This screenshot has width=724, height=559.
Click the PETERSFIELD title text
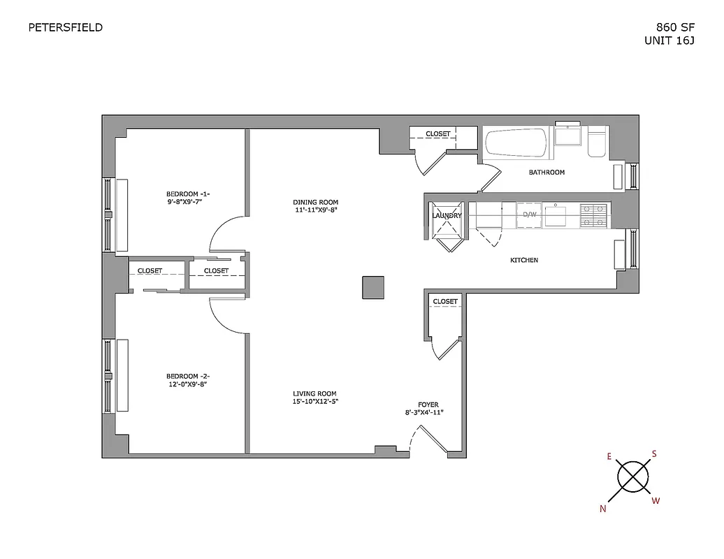coord(65,28)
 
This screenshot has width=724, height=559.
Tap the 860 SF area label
coord(675,28)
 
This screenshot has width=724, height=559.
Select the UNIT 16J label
coord(670,41)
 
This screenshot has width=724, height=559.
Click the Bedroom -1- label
coord(188,194)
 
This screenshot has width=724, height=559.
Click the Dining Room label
coord(315,203)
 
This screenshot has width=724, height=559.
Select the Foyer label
coord(428,405)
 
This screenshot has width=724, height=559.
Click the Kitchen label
coord(523,260)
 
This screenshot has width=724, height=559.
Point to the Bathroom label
coord(546,172)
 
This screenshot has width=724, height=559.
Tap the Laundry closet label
coord(447,216)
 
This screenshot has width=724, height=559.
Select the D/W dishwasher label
coord(530,215)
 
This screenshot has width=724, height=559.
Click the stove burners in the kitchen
coord(594,215)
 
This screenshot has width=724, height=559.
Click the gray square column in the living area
coord(373,287)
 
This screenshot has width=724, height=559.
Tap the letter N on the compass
coord(603,509)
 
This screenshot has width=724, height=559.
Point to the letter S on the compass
coord(654,453)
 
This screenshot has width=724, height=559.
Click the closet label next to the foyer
coord(445,302)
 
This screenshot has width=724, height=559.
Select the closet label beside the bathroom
coord(438,133)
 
